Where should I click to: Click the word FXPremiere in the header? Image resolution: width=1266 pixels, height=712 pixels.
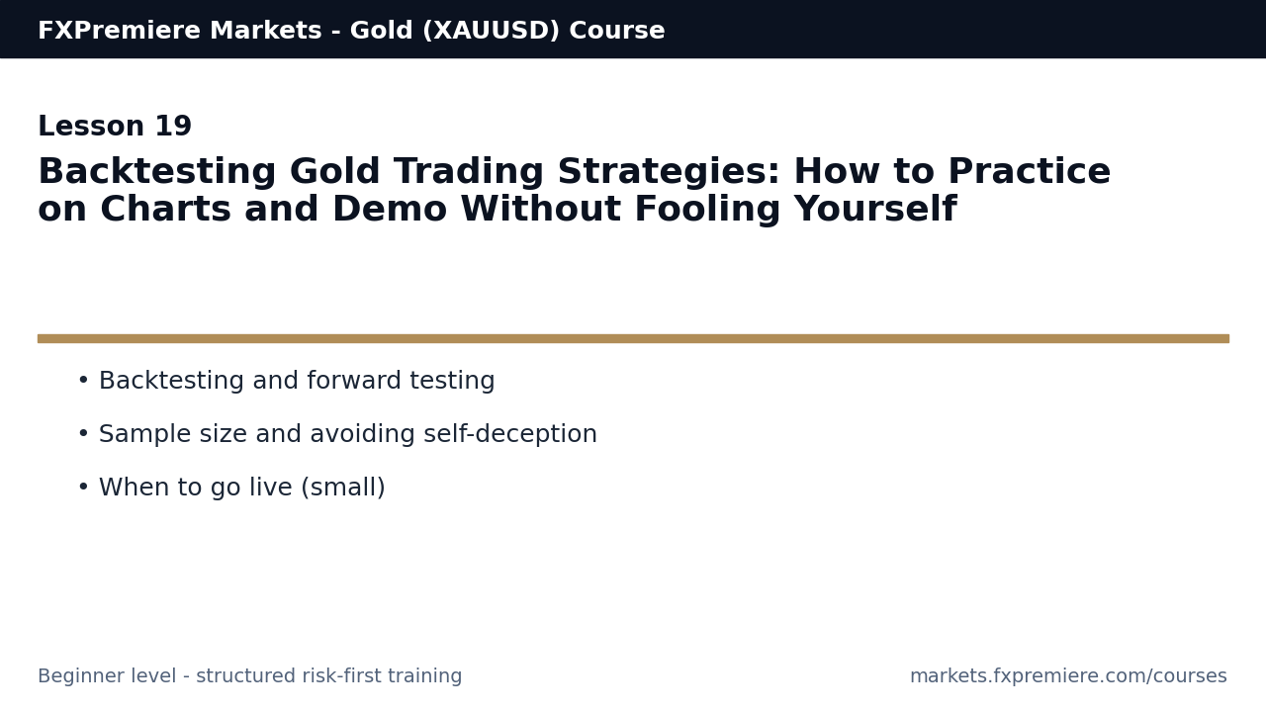pos(108,32)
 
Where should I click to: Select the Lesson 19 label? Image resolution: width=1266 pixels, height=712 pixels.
pos(115,128)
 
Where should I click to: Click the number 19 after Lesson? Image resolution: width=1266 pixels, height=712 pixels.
pos(173,128)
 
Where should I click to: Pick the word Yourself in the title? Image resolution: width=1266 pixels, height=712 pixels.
pos(874,211)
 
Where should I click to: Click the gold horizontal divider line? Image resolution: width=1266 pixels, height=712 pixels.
pos(633,338)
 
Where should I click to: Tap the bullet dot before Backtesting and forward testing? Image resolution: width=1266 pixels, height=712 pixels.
pos(83,382)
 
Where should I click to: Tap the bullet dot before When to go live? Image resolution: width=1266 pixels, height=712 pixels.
pos(83,489)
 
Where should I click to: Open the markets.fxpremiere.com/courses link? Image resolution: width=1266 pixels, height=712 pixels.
pos(1068,677)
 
